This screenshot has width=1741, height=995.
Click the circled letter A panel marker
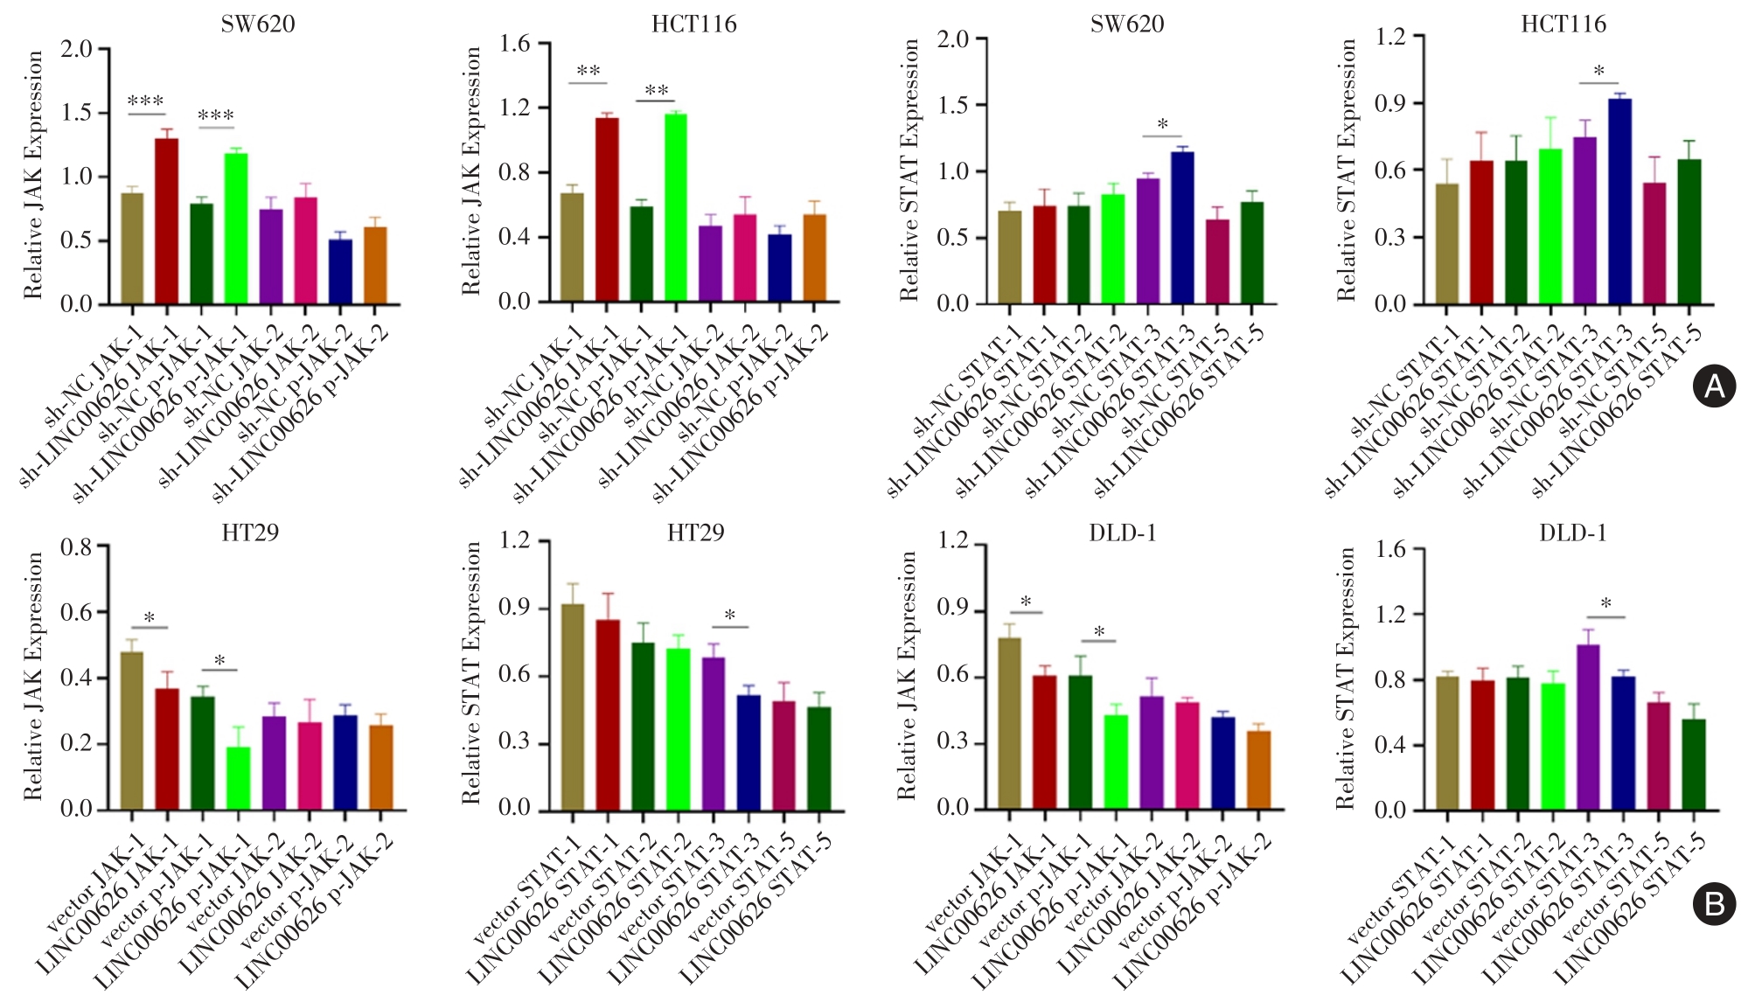(x=1714, y=386)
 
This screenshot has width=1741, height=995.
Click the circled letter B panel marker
(x=1714, y=903)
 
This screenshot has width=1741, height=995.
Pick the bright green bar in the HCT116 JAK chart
(x=676, y=208)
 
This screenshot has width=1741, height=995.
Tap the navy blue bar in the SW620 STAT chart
(x=1182, y=228)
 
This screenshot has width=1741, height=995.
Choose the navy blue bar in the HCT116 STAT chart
(x=1619, y=202)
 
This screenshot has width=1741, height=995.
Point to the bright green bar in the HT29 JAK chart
(x=238, y=777)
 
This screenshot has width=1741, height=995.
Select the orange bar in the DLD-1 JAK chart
(x=1258, y=769)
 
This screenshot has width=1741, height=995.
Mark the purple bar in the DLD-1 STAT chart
(x=1588, y=727)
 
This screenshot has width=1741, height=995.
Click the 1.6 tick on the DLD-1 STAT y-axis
(x=1390, y=550)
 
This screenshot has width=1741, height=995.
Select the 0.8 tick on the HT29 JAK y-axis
(x=77, y=548)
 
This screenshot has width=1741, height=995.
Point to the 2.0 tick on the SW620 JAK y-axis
(x=77, y=48)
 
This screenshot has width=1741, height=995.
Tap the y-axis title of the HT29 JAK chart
(x=33, y=675)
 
